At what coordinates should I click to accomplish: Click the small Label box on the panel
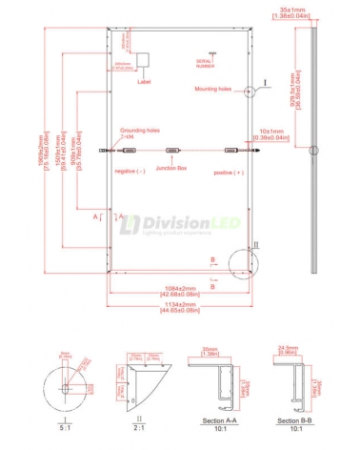pyautogui.click(x=144, y=58)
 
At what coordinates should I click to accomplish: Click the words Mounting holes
pyautogui.click(x=215, y=88)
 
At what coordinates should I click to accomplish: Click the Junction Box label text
pyautogui.click(x=172, y=168)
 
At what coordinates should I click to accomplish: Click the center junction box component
pyautogui.click(x=172, y=150)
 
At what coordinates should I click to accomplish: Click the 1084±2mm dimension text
pyautogui.click(x=180, y=289)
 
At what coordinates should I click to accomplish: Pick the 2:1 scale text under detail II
pyautogui.click(x=139, y=428)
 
